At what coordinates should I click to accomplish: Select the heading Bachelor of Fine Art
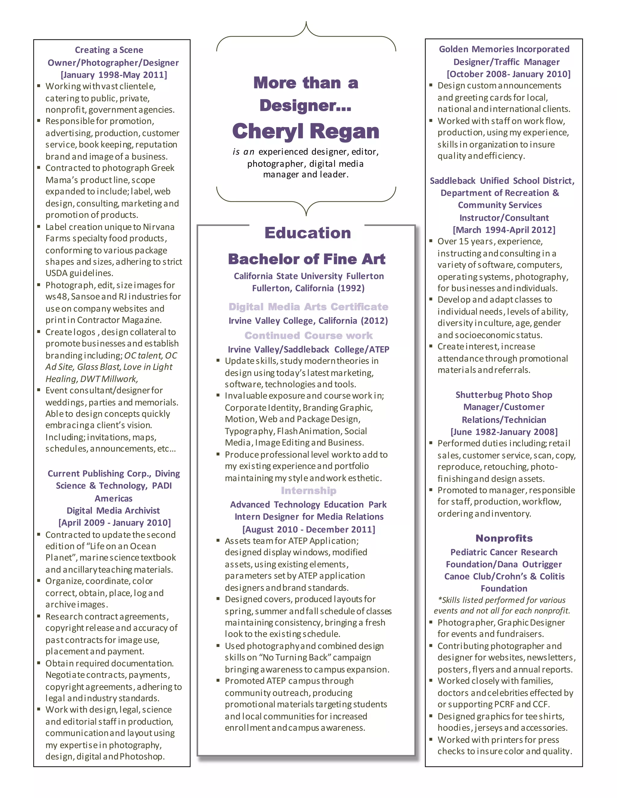(306, 259)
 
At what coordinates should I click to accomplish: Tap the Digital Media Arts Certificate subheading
(308, 307)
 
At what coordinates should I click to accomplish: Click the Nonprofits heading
(504, 538)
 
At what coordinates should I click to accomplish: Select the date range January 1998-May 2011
(114, 75)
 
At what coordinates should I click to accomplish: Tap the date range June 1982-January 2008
(504, 432)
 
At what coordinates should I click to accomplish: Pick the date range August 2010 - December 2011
(308, 529)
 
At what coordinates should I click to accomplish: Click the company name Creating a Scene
(109, 50)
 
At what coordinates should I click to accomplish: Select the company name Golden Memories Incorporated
(504, 49)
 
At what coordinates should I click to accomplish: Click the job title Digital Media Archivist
(113, 510)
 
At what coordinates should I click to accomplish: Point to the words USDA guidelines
(79, 273)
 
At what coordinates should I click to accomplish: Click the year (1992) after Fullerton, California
(351, 288)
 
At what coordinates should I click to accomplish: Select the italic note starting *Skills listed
(502, 606)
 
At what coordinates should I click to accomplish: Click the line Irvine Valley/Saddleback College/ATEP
(308, 349)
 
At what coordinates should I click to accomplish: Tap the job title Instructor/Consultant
(504, 218)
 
